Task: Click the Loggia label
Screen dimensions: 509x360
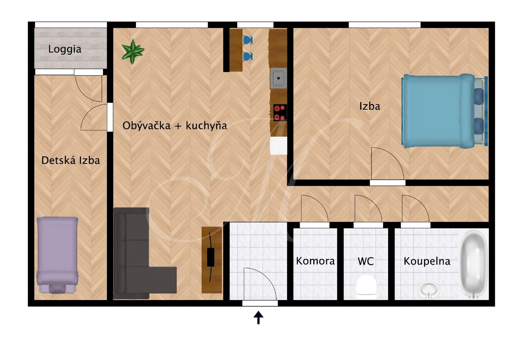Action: tap(65, 49)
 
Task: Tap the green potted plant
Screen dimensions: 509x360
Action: tap(133, 51)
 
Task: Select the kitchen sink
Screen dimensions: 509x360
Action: tap(279, 78)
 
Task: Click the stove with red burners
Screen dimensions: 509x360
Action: tap(280, 112)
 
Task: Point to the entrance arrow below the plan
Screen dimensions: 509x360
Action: tap(258, 318)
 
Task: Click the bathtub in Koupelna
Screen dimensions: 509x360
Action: tap(474, 264)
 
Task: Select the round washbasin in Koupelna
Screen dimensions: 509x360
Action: tap(429, 290)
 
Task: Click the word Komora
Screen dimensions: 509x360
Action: tap(315, 261)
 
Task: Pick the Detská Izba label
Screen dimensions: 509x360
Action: tap(71, 160)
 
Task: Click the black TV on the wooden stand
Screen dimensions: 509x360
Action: tap(211, 257)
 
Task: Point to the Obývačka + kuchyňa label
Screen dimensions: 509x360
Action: tap(175, 126)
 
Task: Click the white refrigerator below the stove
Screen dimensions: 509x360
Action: tap(279, 145)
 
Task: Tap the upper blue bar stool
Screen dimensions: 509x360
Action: tap(247, 40)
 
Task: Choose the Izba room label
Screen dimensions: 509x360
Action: tap(370, 106)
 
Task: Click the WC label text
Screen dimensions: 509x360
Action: tap(366, 261)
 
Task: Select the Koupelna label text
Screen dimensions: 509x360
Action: tap(427, 261)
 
